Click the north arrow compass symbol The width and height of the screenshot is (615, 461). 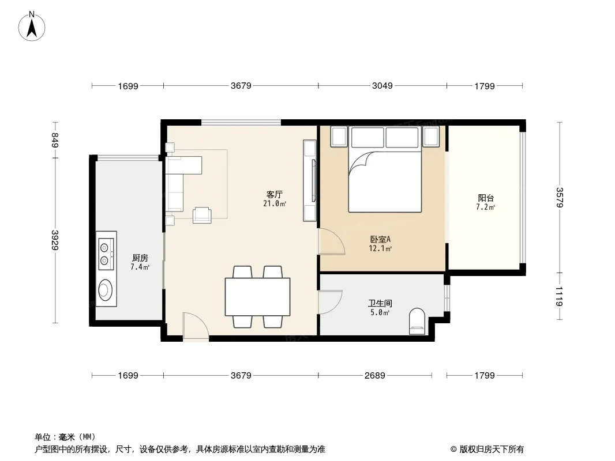tap(32, 27)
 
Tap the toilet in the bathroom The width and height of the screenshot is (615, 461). tap(417, 322)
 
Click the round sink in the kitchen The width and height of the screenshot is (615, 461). tap(104, 290)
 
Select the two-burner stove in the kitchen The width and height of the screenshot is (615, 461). tap(106, 254)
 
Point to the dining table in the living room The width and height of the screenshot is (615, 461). tap(258, 297)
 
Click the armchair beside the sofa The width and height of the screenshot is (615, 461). tap(202, 215)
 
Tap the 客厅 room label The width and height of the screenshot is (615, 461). tap(275, 194)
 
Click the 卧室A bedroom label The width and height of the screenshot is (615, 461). tap(380, 239)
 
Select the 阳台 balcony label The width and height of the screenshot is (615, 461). tap(486, 198)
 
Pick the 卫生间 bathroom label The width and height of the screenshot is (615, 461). tap(380, 303)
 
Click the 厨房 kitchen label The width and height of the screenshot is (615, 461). tap(140, 258)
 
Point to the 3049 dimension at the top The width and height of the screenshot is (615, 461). tap(382, 85)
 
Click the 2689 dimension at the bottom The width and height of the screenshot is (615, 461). tap(374, 375)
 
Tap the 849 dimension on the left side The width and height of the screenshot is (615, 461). tap(55, 140)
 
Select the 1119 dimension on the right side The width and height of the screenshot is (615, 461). tap(559, 297)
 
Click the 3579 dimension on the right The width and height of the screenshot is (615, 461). tap(559, 198)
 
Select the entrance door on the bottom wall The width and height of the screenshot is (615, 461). tap(196, 326)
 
